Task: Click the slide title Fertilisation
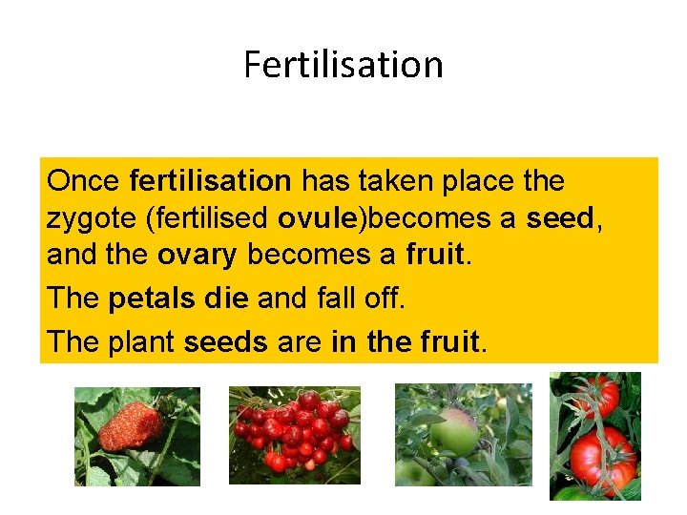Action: coord(343,65)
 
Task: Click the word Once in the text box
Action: coord(83,180)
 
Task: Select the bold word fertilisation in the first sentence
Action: coord(210,180)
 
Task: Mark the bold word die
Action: coord(226,299)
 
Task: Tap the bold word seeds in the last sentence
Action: coord(225,340)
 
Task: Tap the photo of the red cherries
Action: coord(295,435)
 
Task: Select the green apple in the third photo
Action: coord(455,434)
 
